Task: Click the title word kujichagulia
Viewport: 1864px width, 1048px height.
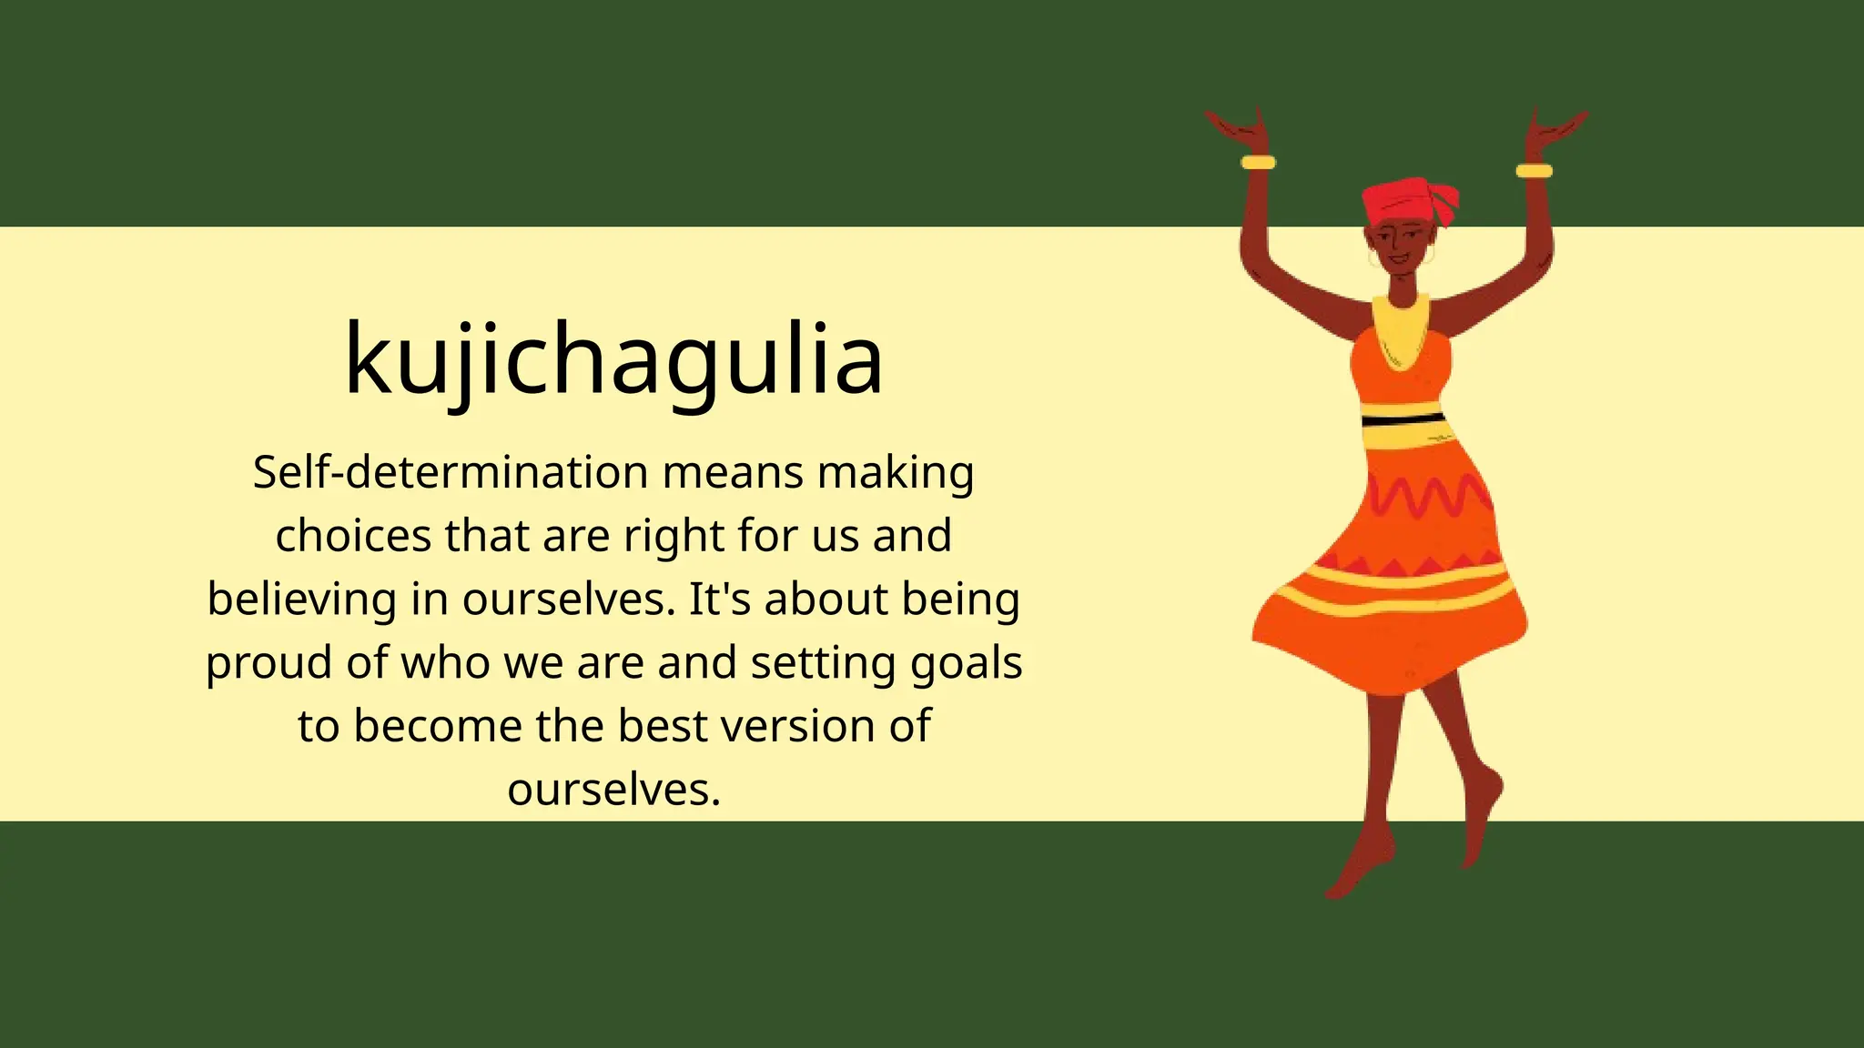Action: click(613, 359)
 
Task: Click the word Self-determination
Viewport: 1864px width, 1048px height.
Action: click(451, 473)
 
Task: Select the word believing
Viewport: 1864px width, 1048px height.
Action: click(301, 600)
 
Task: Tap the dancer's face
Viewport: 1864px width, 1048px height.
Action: click(1399, 246)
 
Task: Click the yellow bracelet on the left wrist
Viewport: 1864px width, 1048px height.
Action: click(1258, 163)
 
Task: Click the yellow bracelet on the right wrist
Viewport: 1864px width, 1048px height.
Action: click(1534, 171)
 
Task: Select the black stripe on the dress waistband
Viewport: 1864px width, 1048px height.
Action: click(1403, 419)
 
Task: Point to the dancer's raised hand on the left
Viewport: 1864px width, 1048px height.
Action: click(1238, 127)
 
